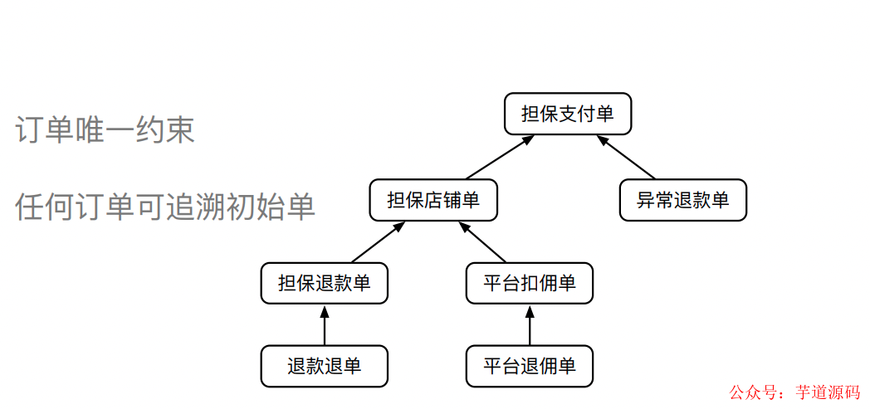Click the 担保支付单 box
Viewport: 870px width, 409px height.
tap(568, 114)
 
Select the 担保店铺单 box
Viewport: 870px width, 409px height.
tap(433, 200)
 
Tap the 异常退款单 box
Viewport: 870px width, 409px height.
tap(682, 200)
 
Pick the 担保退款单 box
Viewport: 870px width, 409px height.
tap(324, 284)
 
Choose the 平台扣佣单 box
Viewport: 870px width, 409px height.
tap(530, 284)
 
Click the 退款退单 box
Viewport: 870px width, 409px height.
tap(324, 366)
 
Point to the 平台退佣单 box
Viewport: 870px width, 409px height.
tap(530, 366)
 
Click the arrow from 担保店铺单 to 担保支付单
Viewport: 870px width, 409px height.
tap(499, 157)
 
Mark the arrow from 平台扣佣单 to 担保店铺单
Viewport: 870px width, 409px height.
tap(482, 242)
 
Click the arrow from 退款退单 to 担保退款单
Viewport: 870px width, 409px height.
tap(324, 325)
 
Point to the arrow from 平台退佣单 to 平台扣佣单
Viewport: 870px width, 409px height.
tap(530, 325)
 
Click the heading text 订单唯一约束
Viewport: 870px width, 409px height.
tap(105, 129)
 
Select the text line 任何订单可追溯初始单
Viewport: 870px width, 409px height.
tap(165, 207)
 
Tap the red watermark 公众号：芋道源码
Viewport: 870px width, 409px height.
tap(794, 392)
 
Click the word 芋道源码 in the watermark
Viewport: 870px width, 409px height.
tap(827, 392)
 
